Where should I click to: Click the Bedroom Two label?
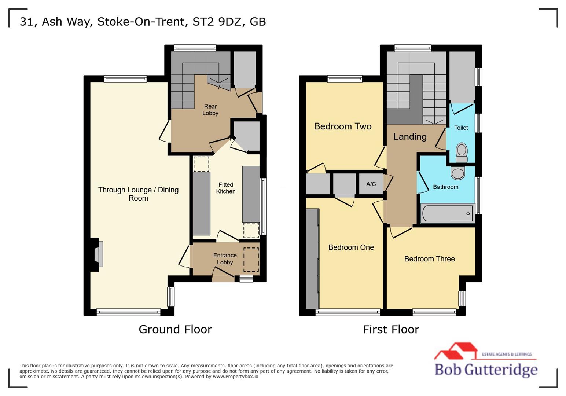342,126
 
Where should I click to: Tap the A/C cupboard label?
371,184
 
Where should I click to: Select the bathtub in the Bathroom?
448,213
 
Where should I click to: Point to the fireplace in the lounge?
98,254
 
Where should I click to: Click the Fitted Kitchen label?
225,188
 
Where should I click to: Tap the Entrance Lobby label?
225,258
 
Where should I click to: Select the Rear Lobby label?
210,110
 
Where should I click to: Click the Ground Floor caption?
175,329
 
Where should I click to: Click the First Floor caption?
391,329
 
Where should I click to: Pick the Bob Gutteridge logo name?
486,369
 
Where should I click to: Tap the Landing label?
409,137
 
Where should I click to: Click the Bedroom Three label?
429,259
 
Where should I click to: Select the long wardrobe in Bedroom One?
312,258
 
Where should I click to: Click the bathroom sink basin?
458,173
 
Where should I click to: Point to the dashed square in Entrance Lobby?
251,260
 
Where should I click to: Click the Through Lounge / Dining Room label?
138,194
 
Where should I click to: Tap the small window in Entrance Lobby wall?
246,279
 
